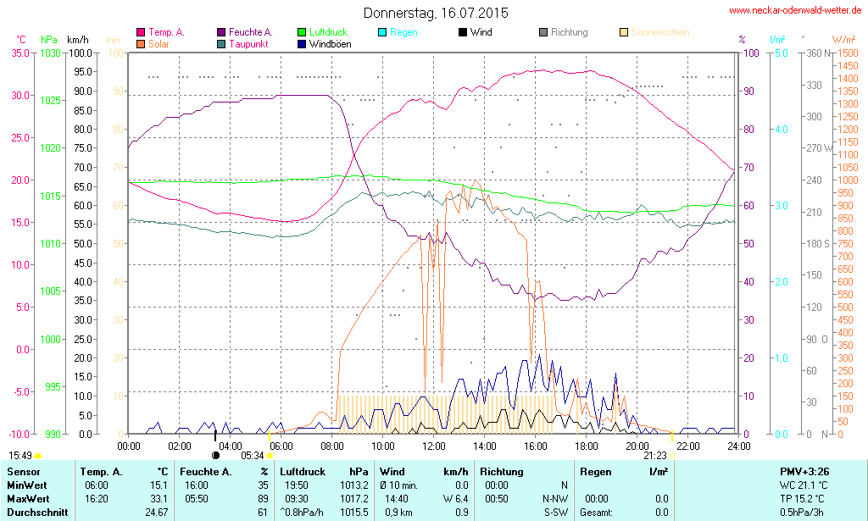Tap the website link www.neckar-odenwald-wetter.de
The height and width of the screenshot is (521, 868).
pyautogui.click(x=796, y=11)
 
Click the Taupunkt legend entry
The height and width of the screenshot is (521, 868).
pyautogui.click(x=249, y=43)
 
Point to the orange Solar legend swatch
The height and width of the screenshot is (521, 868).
pyautogui.click(x=140, y=43)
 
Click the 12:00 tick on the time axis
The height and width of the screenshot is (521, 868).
pyautogui.click(x=434, y=446)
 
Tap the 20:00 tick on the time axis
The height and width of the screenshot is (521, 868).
pyautogui.click(x=637, y=446)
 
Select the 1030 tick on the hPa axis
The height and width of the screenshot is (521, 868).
pyautogui.click(x=51, y=53)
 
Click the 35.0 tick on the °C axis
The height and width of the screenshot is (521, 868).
pyautogui.click(x=19, y=53)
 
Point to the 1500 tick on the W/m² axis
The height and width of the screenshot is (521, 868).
pyautogui.click(x=847, y=53)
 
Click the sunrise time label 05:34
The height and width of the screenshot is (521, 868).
pyautogui.click(x=253, y=455)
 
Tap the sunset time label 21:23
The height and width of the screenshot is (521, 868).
pyautogui.click(x=654, y=455)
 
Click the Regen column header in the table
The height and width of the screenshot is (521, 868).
pyautogui.click(x=595, y=471)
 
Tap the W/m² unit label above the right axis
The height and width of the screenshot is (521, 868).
pyautogui.click(x=843, y=40)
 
